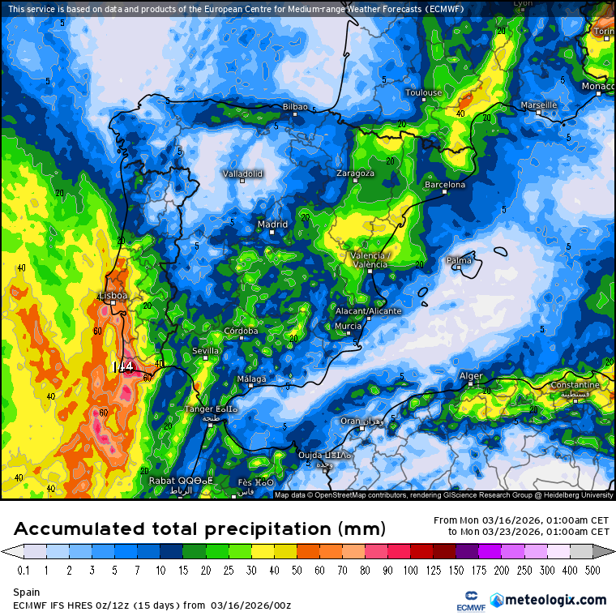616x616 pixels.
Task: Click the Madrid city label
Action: (272, 225)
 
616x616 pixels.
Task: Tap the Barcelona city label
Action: (445, 185)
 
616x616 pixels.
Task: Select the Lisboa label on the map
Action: (112, 296)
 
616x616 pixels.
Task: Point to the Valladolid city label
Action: (242, 173)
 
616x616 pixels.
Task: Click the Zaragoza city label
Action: (356, 173)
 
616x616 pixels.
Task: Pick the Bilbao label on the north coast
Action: (294, 107)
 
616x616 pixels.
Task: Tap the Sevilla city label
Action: (205, 350)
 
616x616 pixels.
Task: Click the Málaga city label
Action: (251, 379)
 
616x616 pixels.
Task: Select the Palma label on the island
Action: (459, 260)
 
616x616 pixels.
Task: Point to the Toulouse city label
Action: (424, 92)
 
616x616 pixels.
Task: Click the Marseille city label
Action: (538, 105)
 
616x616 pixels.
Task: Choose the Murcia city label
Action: (348, 326)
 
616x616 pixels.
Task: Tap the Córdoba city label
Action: (241, 331)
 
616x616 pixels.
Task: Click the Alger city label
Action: (471, 376)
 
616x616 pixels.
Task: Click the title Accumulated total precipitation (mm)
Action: (199, 529)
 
